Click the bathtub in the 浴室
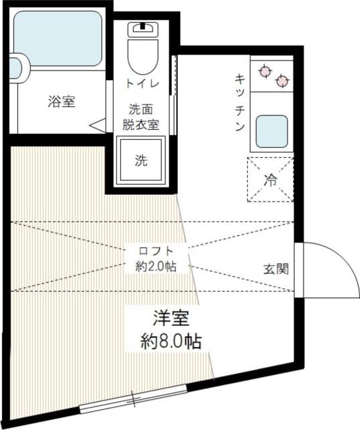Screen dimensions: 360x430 click(58, 38)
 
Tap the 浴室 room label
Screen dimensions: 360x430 click(62, 101)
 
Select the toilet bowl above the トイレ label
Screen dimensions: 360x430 click(143, 56)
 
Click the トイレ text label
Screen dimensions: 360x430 click(142, 83)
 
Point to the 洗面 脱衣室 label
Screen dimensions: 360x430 click(140, 117)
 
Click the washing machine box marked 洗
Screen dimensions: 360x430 click(141, 160)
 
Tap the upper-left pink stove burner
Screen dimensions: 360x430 click(265, 71)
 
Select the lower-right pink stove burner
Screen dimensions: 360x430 click(282, 81)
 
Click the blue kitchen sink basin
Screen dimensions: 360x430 click(272, 132)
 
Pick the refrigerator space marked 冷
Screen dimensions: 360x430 click(271, 179)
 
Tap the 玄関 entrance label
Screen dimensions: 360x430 click(276, 269)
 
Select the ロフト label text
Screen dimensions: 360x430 click(156, 251)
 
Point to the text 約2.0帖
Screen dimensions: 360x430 click(156, 266)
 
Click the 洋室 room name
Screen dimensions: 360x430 click(171, 318)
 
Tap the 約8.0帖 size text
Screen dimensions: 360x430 click(171, 341)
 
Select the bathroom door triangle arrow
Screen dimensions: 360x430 click(97, 126)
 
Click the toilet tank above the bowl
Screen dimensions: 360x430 click(143, 29)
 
